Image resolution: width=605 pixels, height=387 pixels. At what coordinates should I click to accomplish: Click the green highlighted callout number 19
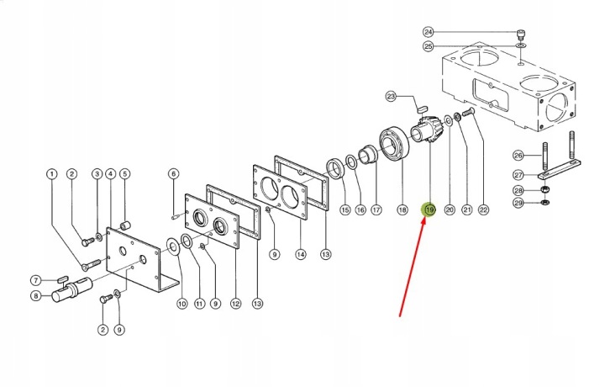(x=429, y=209)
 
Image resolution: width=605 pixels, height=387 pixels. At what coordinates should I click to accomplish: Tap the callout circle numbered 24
(x=429, y=32)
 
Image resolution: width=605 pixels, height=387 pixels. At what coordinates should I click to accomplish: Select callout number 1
(x=52, y=174)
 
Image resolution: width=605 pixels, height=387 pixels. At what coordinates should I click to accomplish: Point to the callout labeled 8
(x=35, y=296)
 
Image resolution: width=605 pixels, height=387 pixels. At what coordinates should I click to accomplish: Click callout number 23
(x=392, y=96)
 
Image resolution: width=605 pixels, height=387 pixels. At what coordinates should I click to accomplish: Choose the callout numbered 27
(x=518, y=175)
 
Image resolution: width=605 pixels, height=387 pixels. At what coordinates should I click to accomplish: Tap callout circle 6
(x=174, y=174)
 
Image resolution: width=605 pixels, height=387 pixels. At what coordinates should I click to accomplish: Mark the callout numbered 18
(x=402, y=209)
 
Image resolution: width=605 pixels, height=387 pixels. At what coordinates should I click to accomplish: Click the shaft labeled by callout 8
(x=72, y=290)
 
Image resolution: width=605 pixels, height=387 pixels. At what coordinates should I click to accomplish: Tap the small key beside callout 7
(x=62, y=278)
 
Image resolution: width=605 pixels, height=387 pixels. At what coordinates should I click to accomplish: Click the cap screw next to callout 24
(x=521, y=34)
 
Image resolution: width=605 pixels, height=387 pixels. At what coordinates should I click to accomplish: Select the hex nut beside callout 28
(x=544, y=189)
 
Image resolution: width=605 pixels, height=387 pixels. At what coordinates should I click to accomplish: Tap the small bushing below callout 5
(x=124, y=225)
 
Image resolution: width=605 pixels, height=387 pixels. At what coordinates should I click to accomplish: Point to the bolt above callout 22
(x=467, y=112)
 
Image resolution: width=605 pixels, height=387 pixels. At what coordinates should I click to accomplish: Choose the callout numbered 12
(x=236, y=304)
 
